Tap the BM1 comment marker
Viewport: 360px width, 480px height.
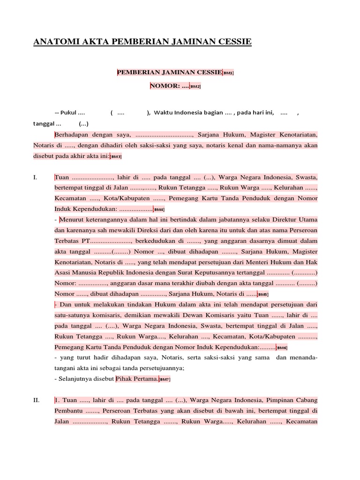point(228,73)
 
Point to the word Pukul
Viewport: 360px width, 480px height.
point(67,113)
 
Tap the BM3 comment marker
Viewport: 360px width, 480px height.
point(116,157)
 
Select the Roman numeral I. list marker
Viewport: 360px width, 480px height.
point(35,178)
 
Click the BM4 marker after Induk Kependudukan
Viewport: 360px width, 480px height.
point(159,209)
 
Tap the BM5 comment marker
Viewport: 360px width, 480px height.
point(263,294)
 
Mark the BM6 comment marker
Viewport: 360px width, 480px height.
point(282,348)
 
